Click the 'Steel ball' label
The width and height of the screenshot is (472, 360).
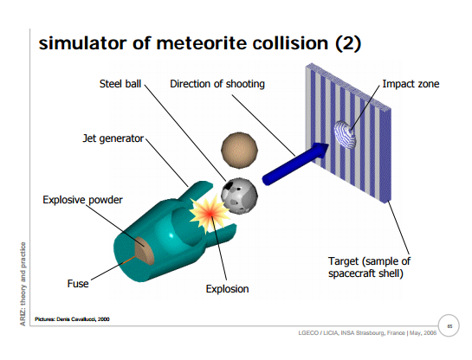pos(120,84)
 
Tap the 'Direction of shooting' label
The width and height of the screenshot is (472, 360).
pos(217,84)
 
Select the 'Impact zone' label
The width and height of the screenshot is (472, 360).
pos(411,84)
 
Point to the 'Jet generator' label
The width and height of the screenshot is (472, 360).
pos(113,138)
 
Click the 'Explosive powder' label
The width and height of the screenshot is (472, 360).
pos(82,200)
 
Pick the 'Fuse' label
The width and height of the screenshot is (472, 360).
pos(78,284)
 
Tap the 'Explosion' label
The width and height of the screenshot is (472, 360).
pos(227,289)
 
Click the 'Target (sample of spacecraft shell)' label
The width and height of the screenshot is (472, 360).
pos(369,267)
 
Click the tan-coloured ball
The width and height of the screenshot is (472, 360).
pos(239,150)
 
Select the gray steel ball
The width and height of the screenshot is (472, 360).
pos(239,196)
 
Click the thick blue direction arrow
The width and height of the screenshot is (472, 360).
pos(295,164)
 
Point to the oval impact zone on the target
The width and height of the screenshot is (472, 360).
pos(345,134)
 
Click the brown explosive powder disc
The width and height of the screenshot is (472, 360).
pos(144,251)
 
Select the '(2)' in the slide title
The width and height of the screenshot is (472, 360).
pos(348,43)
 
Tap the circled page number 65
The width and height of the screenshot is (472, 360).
pos(449,325)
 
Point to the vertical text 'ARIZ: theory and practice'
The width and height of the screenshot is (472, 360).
pos(23,284)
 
